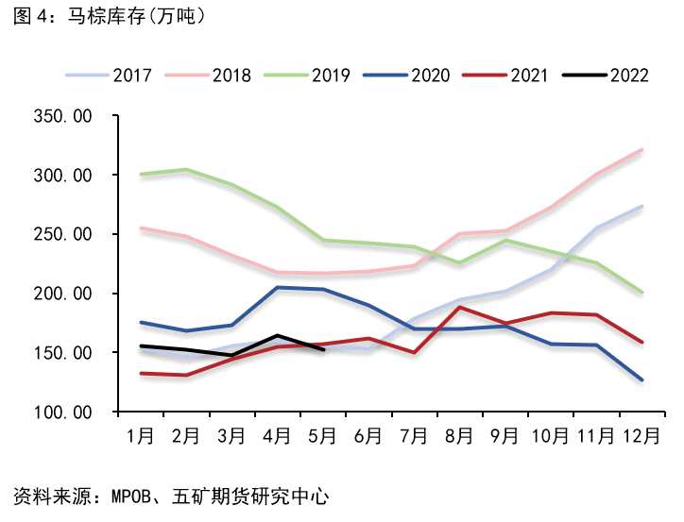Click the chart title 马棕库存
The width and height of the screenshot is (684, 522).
tap(109, 16)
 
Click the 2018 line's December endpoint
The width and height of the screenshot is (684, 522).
tap(641, 149)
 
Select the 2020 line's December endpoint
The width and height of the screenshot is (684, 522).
tap(641, 380)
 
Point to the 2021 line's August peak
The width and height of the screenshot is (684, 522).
tap(459, 307)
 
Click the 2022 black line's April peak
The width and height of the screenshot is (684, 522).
tap(277, 335)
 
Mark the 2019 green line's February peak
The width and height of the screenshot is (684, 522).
tap(186, 170)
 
